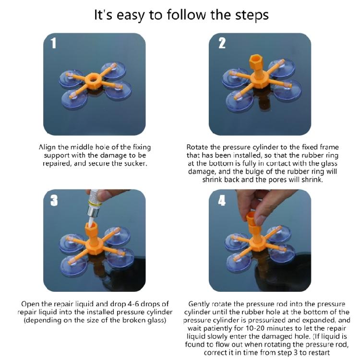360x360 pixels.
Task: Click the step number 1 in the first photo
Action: click(x=53, y=43)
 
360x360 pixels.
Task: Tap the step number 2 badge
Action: click(x=222, y=43)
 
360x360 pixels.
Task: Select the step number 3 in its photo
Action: click(x=54, y=201)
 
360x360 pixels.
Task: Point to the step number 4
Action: click(x=222, y=201)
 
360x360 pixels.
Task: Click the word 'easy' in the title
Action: click(x=130, y=15)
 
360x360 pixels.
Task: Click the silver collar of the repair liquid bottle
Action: click(x=95, y=211)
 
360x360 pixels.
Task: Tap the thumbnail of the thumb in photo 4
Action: click(x=261, y=220)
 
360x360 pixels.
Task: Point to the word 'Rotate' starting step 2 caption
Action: click(x=197, y=147)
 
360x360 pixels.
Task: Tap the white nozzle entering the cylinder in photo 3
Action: click(x=93, y=220)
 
